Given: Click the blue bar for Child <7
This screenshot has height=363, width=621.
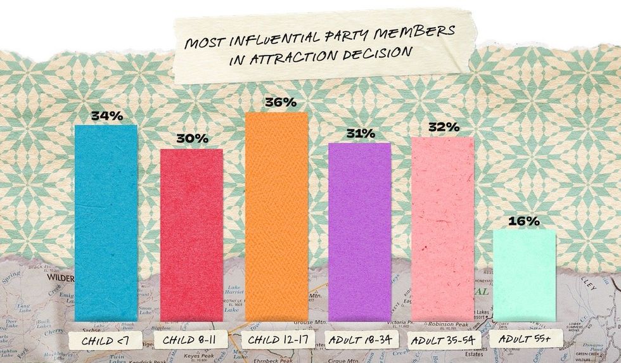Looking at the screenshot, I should point(106,222).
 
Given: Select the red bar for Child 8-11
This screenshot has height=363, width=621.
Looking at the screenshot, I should point(191,234).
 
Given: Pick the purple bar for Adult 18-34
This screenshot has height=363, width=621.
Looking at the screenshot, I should point(359,231).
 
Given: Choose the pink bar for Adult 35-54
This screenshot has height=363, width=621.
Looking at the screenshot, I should point(442,228).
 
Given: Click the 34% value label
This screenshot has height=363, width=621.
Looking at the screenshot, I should point(106,116).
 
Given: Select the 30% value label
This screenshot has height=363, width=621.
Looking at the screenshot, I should point(191,139).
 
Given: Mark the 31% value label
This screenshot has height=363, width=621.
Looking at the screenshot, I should point(360,134).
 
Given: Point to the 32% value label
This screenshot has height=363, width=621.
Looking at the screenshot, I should point(443,127).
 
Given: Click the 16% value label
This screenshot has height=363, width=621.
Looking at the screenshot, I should point(524,221).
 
